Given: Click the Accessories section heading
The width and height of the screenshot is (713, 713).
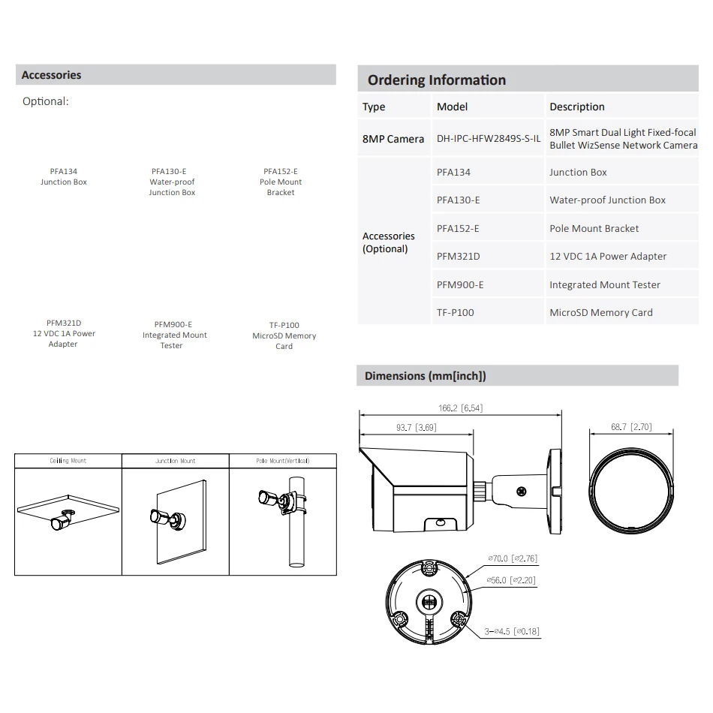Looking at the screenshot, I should pyautogui.click(x=51, y=75).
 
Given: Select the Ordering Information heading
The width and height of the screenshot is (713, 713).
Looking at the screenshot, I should pyautogui.click(x=437, y=80).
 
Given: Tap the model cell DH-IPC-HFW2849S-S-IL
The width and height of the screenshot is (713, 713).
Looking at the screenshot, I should pyautogui.click(x=489, y=139).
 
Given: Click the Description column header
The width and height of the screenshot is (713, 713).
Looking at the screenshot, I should pyautogui.click(x=576, y=107).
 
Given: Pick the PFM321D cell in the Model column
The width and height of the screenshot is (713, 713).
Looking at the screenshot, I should pyautogui.click(x=458, y=257).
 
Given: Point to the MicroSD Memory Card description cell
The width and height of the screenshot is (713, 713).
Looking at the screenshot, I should pyautogui.click(x=600, y=313).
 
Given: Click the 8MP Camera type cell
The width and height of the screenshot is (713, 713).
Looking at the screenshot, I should pyautogui.click(x=393, y=139).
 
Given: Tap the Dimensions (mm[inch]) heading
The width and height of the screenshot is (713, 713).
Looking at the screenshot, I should pyautogui.click(x=425, y=376).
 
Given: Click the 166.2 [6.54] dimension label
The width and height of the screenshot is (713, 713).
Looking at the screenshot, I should pyautogui.click(x=460, y=408).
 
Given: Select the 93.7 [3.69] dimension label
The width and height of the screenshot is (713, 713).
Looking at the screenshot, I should pyautogui.click(x=416, y=428).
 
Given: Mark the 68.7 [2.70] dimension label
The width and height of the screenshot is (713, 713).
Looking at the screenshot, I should pyautogui.click(x=631, y=427).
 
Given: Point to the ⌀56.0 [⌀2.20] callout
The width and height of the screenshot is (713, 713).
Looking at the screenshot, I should pyautogui.click(x=513, y=580).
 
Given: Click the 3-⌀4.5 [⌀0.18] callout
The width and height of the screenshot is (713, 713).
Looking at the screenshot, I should pyautogui.click(x=512, y=631).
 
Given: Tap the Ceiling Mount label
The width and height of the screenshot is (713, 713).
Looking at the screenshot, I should pyautogui.click(x=68, y=461).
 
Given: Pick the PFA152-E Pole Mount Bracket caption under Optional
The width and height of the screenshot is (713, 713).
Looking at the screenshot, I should pyautogui.click(x=281, y=182).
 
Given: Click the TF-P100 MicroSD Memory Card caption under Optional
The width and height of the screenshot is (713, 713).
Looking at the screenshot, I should pyautogui.click(x=284, y=336).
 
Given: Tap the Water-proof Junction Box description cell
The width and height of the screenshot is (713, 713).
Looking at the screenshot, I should pyautogui.click(x=607, y=200).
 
